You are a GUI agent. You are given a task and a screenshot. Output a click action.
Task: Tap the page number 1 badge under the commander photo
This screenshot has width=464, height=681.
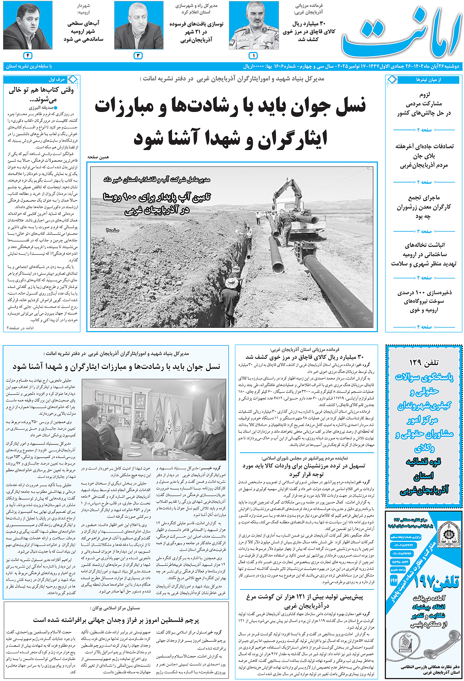tap(253, 56)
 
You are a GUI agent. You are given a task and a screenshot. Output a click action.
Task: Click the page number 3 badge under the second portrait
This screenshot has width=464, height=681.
tap(138, 56)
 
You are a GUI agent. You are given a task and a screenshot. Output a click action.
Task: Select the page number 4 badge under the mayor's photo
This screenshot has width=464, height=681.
tap(28, 56)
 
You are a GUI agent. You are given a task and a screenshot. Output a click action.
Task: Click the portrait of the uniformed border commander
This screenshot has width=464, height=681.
tap(254, 25)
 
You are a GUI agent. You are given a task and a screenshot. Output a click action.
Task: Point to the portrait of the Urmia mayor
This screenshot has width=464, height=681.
tap(28, 25)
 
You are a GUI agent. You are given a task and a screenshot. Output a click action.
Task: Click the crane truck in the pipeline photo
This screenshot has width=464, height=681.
tap(294, 210)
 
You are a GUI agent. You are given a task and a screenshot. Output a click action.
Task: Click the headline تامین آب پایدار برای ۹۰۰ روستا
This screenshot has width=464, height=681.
tap(157, 197)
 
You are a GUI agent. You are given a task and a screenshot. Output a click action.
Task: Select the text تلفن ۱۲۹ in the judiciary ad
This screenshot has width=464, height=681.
tap(424, 362)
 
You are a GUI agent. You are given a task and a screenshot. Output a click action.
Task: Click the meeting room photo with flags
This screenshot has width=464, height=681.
tap(154, 419)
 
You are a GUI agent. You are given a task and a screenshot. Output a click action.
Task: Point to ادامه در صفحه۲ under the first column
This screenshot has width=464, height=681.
tap(20, 328)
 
